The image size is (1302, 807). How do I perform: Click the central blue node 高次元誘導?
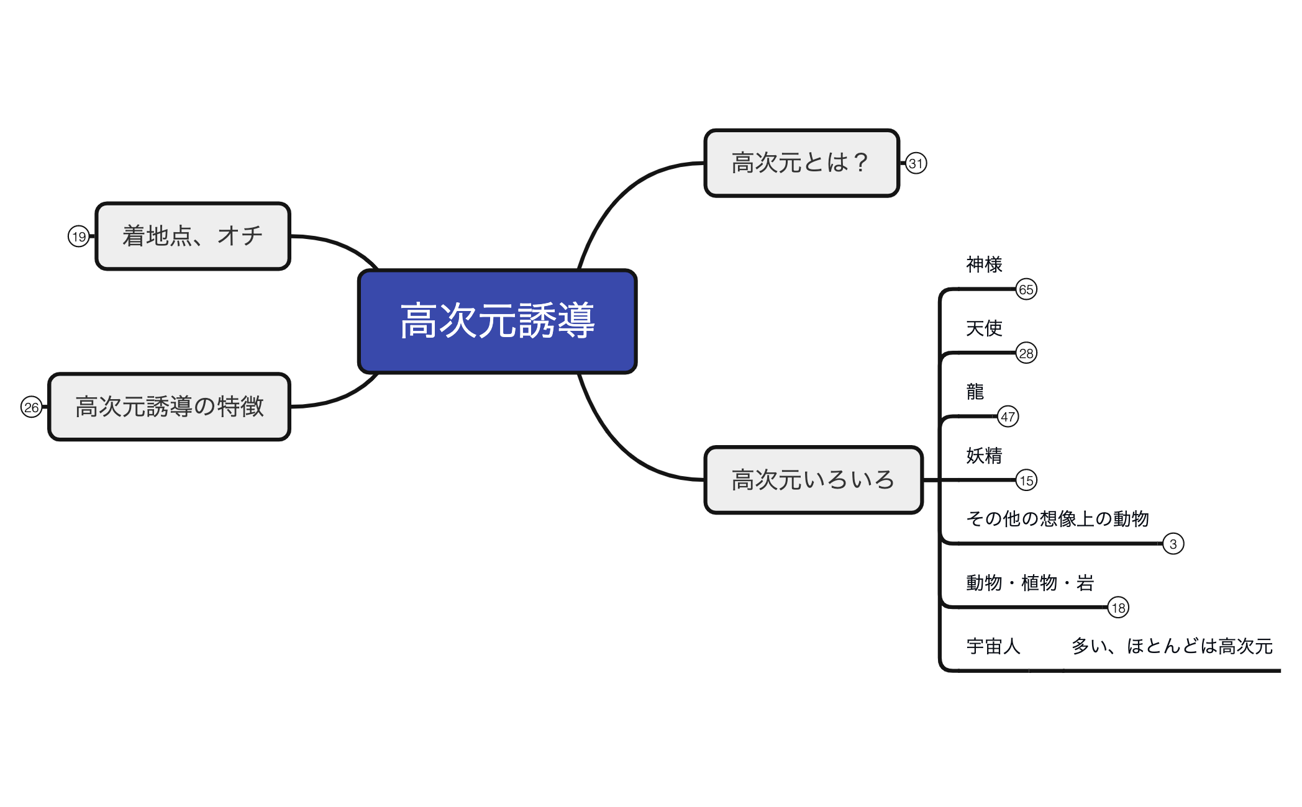[x=497, y=321]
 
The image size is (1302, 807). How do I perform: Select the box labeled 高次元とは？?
[x=801, y=163]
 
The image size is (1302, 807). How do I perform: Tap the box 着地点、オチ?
[x=193, y=236]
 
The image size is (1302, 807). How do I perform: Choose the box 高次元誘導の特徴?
[x=169, y=407]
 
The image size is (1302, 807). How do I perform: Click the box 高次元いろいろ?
[x=813, y=480]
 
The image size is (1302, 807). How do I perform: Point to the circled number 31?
[x=916, y=163]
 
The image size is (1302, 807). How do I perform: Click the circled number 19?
[x=79, y=237]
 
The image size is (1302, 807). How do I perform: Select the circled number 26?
[x=32, y=407]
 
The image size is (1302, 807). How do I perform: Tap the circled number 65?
[x=1026, y=289]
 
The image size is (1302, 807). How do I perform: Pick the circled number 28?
[x=1026, y=353]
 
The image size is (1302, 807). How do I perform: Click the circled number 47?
[x=1008, y=417]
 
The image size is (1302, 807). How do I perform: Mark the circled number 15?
[x=1026, y=480]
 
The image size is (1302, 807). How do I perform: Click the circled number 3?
[x=1173, y=544]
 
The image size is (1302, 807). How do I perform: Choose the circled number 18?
[x=1118, y=608]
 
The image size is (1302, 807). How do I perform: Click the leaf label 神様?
[x=984, y=264]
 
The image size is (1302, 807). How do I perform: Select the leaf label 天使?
[x=984, y=328]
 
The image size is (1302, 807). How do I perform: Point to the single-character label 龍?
[x=975, y=392]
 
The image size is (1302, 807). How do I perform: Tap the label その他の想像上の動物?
[x=1057, y=518]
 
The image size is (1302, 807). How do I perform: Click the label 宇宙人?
[x=993, y=646]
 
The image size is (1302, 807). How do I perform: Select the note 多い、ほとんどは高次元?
[x=1172, y=646]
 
